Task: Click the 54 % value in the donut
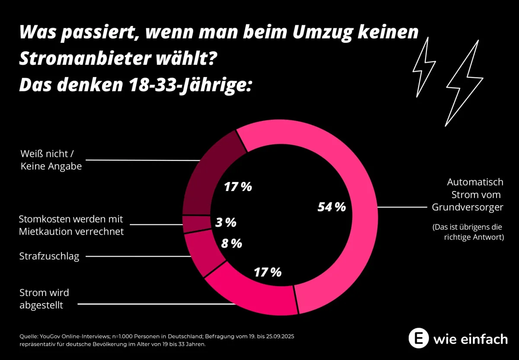332,207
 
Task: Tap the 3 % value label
226,223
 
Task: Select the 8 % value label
231,244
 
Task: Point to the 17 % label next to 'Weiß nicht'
238,187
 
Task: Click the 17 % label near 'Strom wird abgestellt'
267,272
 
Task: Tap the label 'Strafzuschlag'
49,256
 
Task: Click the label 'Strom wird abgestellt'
44,299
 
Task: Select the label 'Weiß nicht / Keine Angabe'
51,159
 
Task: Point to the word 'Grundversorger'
468,207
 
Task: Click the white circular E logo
419,338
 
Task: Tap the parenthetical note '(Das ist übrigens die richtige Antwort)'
468,232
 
